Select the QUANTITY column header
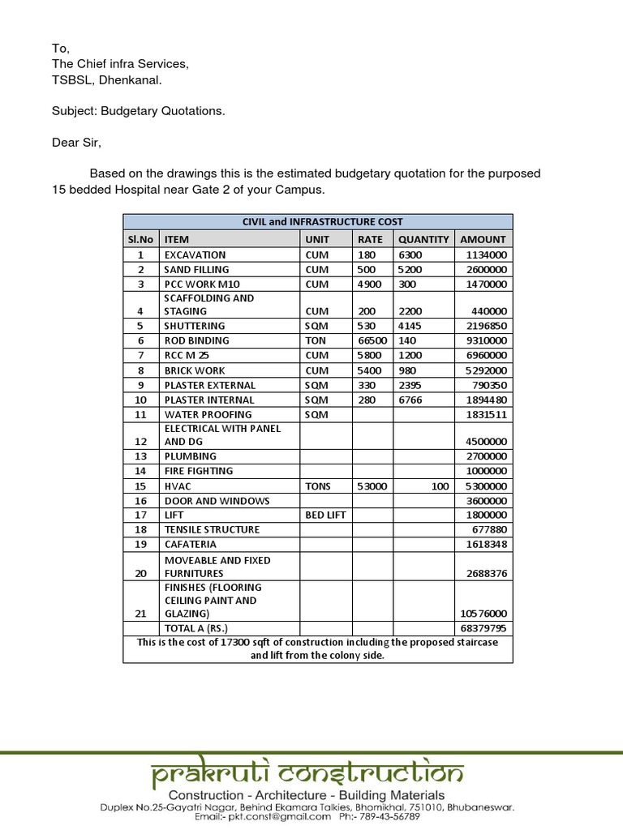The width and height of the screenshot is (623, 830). [423, 239]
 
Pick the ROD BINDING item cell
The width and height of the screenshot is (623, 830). [196, 340]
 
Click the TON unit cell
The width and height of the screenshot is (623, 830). [316, 340]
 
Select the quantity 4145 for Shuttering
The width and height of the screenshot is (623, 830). [411, 326]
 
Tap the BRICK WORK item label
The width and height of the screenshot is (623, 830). [195, 370]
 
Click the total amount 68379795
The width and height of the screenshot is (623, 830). [483, 628]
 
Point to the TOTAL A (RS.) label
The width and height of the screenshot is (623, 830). [196, 628]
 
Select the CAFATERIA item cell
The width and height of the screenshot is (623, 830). [191, 544]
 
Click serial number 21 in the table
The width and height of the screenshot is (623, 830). [140, 614]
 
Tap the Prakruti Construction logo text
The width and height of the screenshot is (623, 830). [307, 774]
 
